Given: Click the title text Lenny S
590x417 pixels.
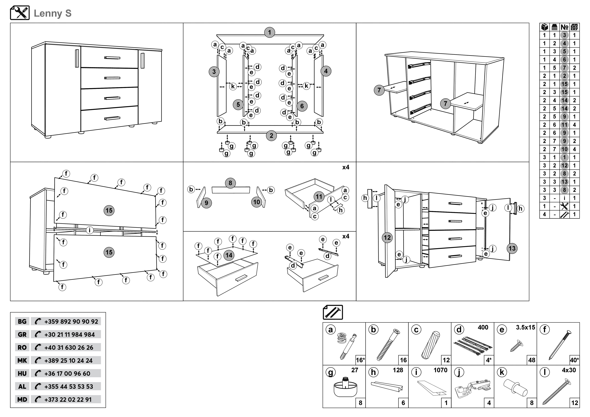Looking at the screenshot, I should pyautogui.click(x=53, y=13).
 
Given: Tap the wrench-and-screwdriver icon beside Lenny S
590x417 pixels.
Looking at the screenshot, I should pyautogui.click(x=20, y=13).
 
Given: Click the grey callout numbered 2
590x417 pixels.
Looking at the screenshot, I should pyautogui.click(x=271, y=136).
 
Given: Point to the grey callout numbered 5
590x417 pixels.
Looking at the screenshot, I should pyautogui.click(x=238, y=105).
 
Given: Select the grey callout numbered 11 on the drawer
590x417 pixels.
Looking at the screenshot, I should pyautogui.click(x=319, y=197).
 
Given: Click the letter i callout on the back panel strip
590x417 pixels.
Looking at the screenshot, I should pyautogui.click(x=89, y=230).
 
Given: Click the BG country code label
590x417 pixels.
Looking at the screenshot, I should pyautogui.click(x=22, y=321).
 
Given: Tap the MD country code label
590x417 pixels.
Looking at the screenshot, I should pyautogui.click(x=22, y=399).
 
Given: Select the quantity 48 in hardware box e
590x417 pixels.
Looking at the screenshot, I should pyautogui.click(x=531, y=360).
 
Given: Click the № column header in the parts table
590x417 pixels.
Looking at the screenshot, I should pyautogui.click(x=564, y=27).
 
